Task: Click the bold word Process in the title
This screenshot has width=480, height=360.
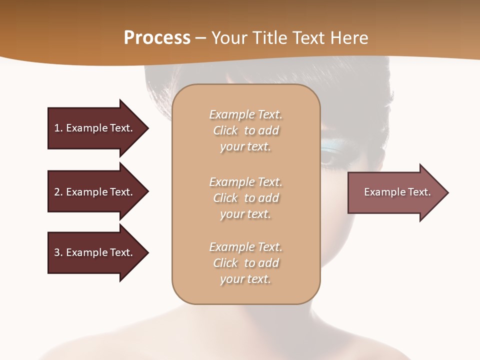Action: [157, 38]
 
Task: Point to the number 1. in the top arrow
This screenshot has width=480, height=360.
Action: [58, 128]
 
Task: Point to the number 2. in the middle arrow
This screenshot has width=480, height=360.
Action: [58, 192]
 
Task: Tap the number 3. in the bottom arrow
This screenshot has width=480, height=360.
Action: [58, 252]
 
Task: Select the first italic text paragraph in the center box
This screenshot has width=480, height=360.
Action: [245, 130]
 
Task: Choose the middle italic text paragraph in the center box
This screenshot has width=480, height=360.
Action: [245, 198]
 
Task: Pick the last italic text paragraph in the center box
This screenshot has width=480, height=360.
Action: [245, 263]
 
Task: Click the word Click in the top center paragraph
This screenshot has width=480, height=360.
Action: [225, 130]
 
